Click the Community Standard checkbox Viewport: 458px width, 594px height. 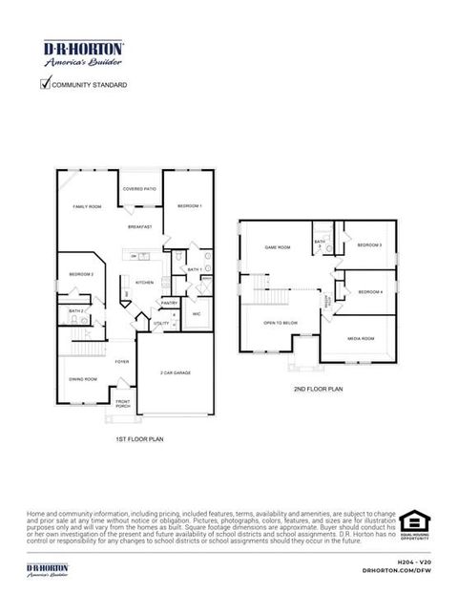(45, 84)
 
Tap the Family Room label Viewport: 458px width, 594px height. (88, 206)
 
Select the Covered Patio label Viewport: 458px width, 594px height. (139, 189)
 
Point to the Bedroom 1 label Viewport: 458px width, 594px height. (189, 206)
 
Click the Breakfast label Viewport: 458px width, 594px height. (140, 227)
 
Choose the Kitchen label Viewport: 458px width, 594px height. (145, 283)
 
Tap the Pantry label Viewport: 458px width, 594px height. (169, 303)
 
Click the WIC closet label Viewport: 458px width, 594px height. (195, 313)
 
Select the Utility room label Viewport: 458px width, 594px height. (161, 324)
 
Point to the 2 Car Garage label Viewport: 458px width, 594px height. (176, 372)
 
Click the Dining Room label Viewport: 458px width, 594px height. (82, 379)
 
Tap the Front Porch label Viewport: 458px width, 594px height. (123, 404)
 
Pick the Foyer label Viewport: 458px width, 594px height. (122, 362)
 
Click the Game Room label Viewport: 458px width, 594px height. (278, 248)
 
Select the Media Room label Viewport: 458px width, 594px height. (361, 338)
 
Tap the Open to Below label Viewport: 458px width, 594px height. (281, 323)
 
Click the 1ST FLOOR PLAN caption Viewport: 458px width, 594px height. (140, 438)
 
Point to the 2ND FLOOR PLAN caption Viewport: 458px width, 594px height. (318, 390)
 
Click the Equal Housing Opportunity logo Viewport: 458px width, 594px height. (415, 523)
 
